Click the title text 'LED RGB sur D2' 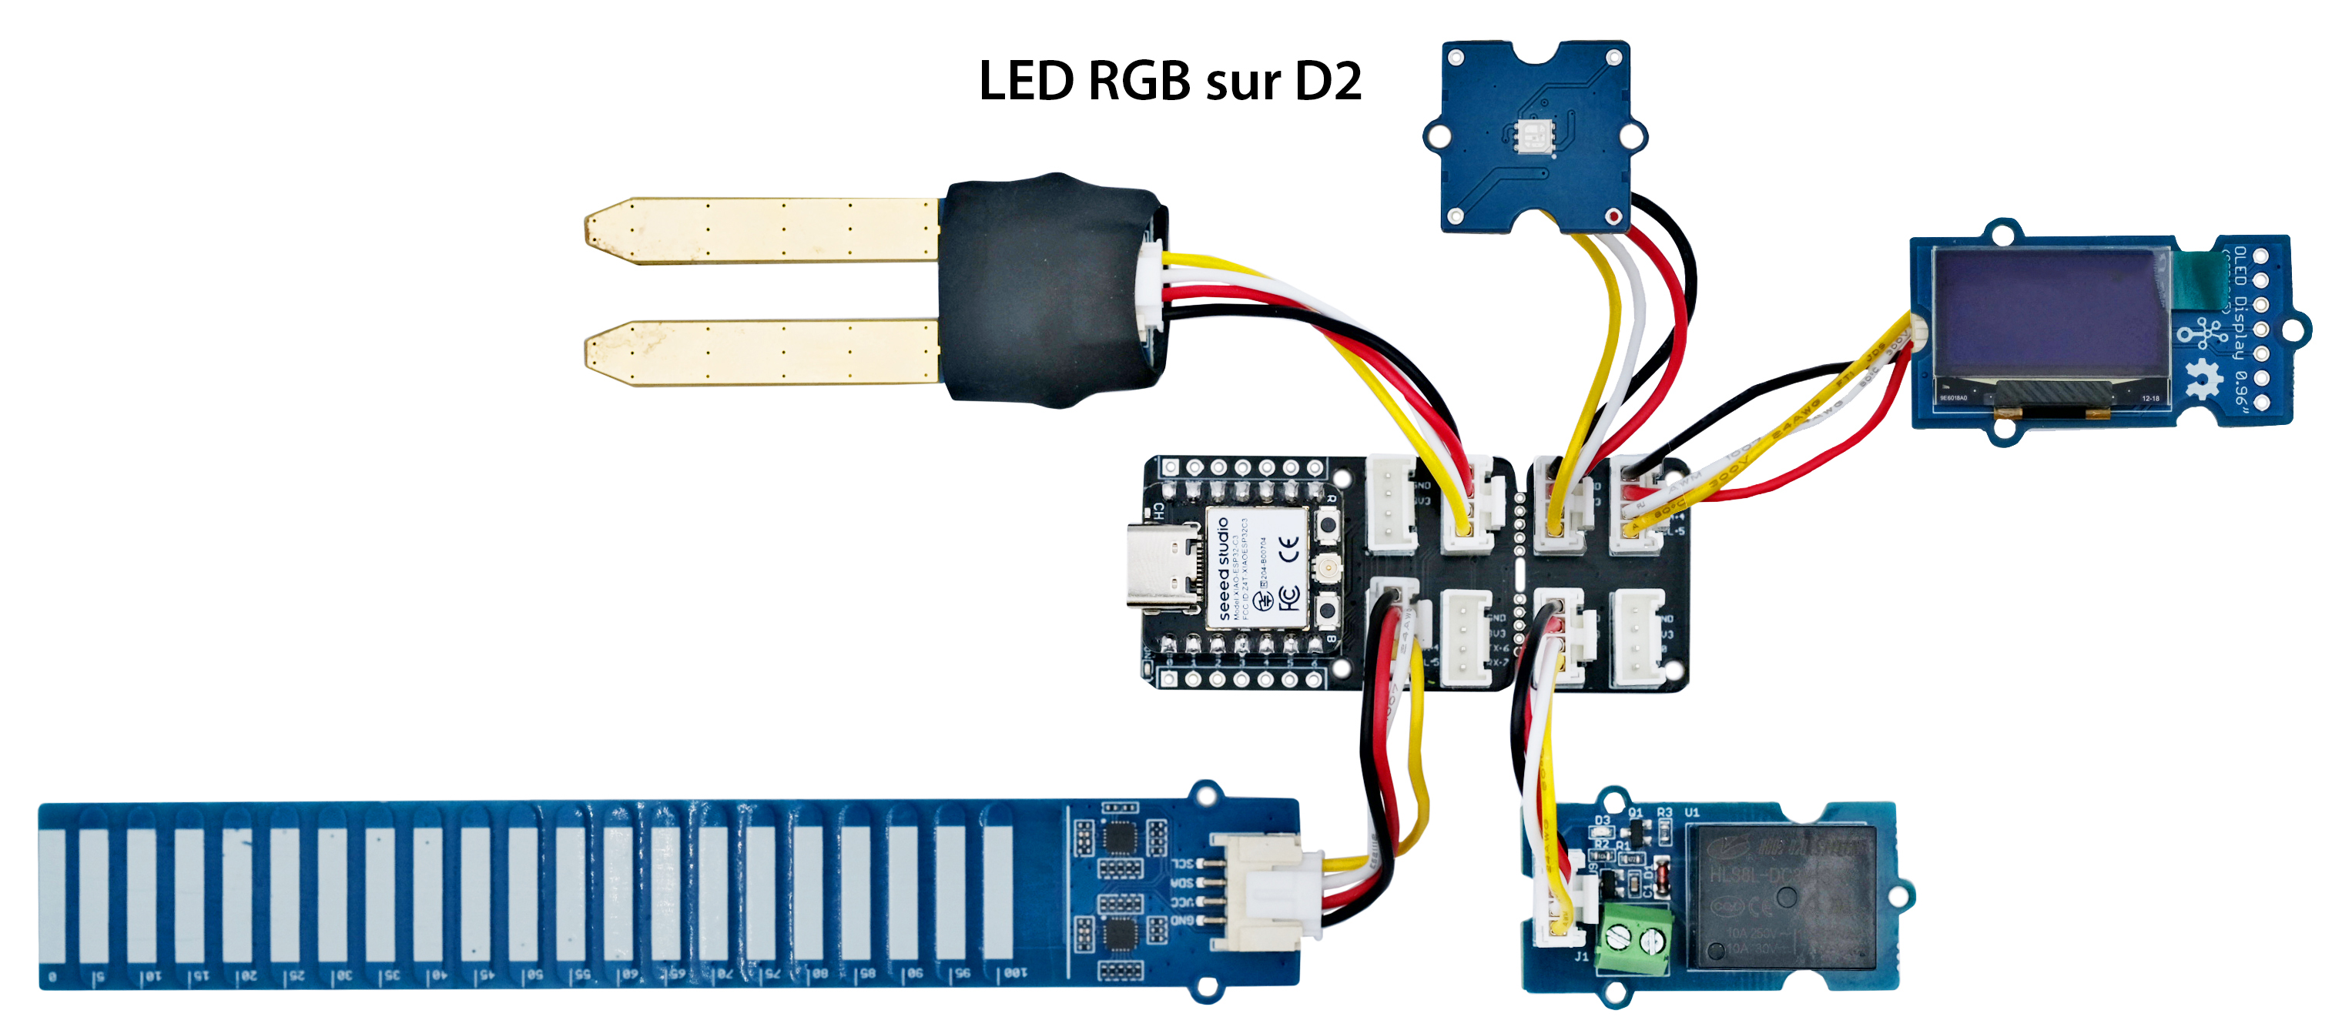(x=1169, y=81)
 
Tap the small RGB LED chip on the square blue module (x=1535, y=136)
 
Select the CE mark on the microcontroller (x=1288, y=547)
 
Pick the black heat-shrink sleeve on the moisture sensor (x=1046, y=291)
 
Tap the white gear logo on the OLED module (x=2202, y=378)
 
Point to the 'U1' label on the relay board (x=1692, y=811)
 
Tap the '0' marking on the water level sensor (x=52, y=977)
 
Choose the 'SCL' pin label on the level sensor (x=1181, y=864)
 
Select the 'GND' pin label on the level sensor (x=1181, y=921)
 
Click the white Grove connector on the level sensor (x=1264, y=891)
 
